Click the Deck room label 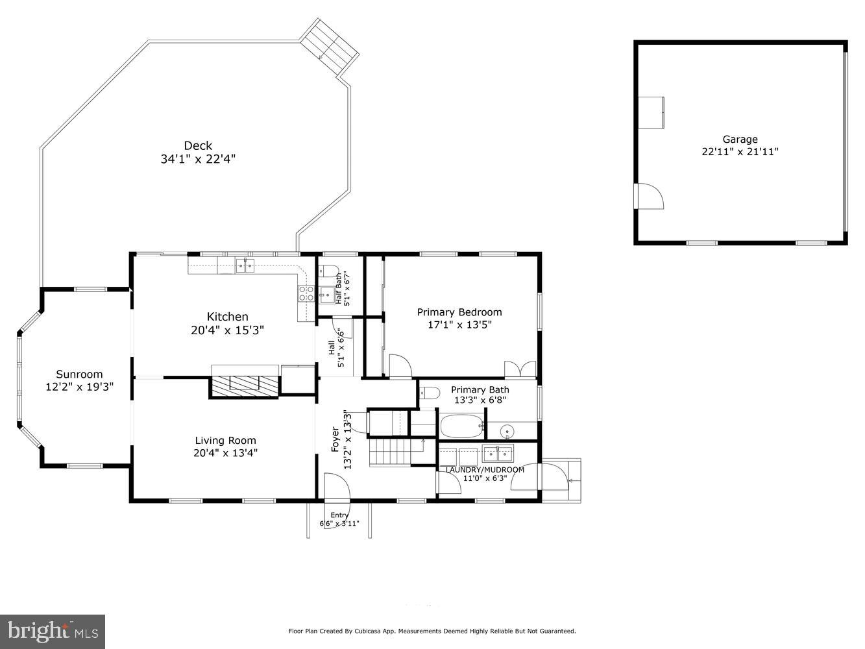pos(197,146)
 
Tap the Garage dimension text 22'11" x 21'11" pos(740,152)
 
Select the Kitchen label pos(227,317)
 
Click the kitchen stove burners pos(306,294)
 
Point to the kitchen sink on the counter pos(245,265)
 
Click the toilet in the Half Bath pos(330,271)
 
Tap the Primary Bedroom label pos(459,312)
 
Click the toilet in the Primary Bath pos(429,393)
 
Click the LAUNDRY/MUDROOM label pos(485,470)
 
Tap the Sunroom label pos(79,374)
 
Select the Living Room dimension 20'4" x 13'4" pos(225,454)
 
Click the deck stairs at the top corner pos(332,47)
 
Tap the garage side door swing pos(649,195)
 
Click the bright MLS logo pos(53,631)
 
